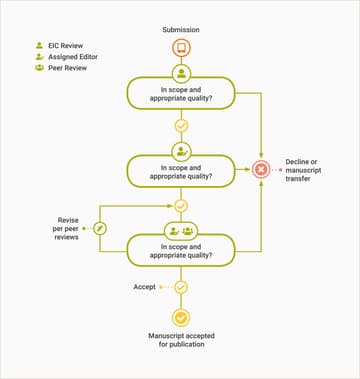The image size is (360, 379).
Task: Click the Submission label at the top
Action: click(x=181, y=29)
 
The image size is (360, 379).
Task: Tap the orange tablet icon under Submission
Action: click(x=181, y=48)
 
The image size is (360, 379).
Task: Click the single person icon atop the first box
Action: click(x=181, y=74)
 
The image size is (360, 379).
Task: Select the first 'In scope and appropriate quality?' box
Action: click(x=181, y=93)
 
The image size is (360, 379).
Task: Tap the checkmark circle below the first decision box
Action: click(x=181, y=126)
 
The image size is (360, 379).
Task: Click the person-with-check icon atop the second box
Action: click(x=181, y=151)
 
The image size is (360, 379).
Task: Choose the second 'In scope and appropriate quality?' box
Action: click(x=181, y=170)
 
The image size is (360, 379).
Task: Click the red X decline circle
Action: click(x=262, y=169)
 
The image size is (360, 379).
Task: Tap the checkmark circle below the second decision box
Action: click(x=181, y=205)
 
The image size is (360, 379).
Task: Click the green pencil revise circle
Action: click(x=100, y=229)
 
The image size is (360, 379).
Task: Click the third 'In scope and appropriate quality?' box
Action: click(x=181, y=250)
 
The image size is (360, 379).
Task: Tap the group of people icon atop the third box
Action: click(x=188, y=230)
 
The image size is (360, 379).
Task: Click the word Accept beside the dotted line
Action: click(x=145, y=287)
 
